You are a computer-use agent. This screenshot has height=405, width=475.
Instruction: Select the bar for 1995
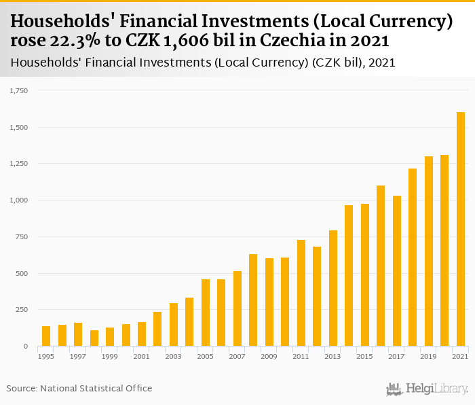click(46, 336)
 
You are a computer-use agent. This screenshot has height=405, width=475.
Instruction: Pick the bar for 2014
click(349, 276)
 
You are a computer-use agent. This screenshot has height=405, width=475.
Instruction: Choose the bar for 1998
click(94, 338)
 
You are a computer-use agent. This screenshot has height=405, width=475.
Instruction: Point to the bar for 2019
click(429, 251)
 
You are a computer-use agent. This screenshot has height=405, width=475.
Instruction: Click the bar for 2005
click(206, 313)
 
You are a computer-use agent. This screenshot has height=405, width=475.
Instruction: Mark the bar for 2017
click(397, 271)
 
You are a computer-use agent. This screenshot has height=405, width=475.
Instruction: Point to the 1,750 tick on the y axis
click(18, 90)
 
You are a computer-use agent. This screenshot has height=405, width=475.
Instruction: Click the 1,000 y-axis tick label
click(18, 200)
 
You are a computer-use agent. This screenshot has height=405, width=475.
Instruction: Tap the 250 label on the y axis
click(22, 310)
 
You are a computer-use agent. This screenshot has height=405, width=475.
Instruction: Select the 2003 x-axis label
click(174, 356)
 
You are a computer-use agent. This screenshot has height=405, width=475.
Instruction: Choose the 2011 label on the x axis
click(301, 356)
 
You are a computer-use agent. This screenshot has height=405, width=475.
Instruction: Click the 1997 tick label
click(78, 356)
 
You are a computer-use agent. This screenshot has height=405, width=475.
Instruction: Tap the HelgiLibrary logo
click(427, 389)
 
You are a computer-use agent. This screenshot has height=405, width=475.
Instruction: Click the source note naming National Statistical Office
click(79, 388)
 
